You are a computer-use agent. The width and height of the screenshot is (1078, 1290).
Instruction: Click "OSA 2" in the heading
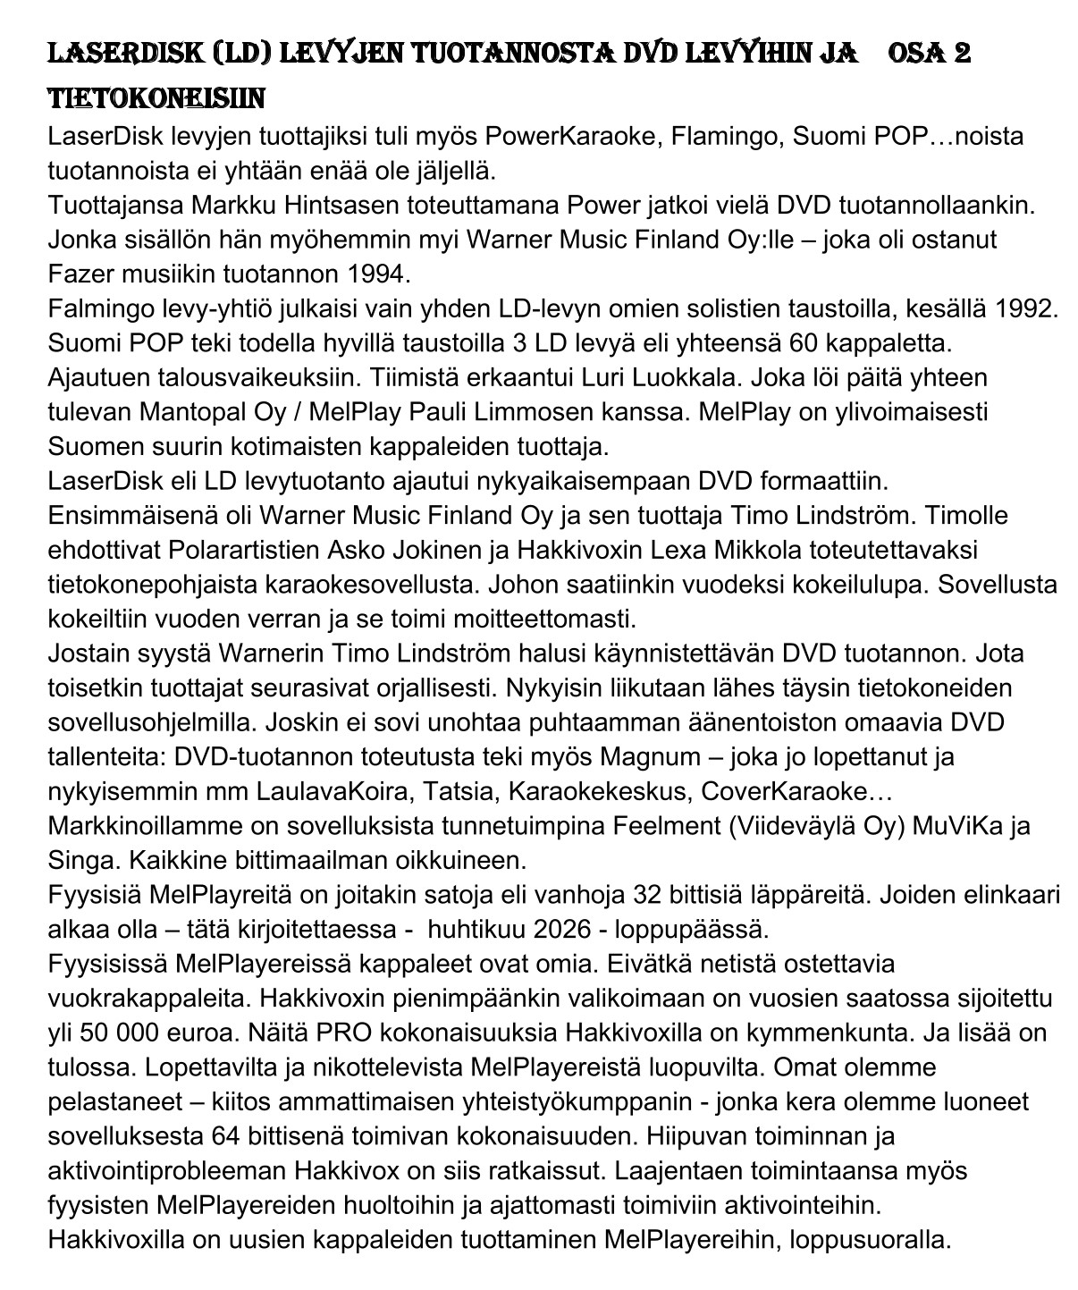(929, 54)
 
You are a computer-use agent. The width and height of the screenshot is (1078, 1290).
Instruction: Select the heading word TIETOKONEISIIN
(156, 97)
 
